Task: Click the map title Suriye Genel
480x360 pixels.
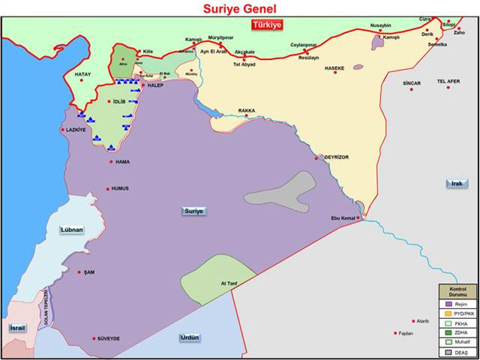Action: [239, 8]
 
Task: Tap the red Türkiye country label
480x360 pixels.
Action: [267, 25]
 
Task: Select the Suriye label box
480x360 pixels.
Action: [194, 211]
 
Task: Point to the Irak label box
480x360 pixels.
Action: [456, 183]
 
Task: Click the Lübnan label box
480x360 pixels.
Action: [72, 230]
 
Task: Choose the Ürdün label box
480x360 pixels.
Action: [190, 338]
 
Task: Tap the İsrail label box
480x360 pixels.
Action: [16, 328]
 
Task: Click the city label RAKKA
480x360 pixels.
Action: [247, 111]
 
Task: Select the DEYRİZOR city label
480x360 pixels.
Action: [337, 157]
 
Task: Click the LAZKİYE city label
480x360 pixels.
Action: [75, 130]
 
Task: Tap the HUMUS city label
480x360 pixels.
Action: [120, 188]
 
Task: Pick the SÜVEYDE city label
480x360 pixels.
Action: [108, 339]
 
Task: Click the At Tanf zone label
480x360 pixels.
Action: [229, 283]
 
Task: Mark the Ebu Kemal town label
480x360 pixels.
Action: [343, 218]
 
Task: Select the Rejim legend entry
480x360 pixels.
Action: [462, 303]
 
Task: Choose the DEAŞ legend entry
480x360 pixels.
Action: [463, 353]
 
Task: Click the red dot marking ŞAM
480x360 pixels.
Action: [79, 272]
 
